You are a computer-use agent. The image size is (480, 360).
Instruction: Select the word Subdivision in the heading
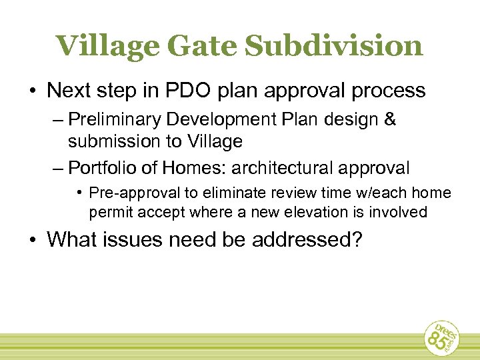tap(334, 46)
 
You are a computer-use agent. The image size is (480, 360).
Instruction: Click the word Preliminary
tap(115, 120)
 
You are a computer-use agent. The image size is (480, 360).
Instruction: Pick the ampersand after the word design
tap(389, 120)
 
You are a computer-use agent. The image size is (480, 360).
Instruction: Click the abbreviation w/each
tap(385, 193)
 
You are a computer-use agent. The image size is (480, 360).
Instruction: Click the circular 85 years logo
tap(443, 337)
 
